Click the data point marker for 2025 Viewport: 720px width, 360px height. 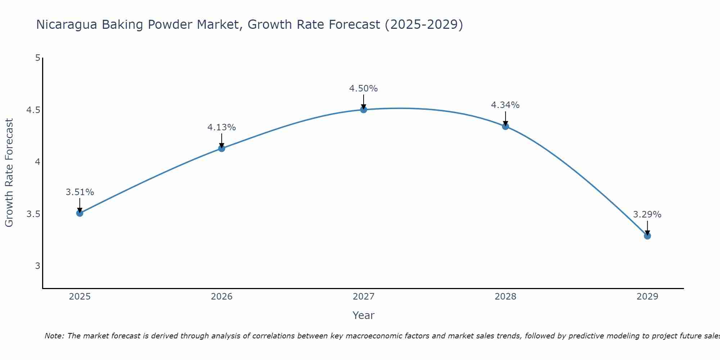[x=80, y=213]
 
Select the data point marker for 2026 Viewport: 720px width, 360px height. [x=222, y=148]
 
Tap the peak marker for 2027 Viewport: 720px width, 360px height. [x=364, y=109]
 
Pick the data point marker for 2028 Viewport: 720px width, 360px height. [x=505, y=126]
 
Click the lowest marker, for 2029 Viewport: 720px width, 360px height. [x=647, y=236]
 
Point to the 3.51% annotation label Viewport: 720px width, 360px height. [x=80, y=192]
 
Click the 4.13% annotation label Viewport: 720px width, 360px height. [x=222, y=127]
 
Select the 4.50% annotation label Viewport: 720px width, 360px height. [x=364, y=89]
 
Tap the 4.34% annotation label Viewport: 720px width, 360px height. [x=505, y=105]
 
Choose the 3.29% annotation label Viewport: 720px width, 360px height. [x=647, y=215]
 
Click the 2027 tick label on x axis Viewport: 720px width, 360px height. [x=364, y=297]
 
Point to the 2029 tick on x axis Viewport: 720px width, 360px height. [x=647, y=297]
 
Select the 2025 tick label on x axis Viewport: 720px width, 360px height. [x=80, y=297]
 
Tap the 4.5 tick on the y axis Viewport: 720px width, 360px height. [x=33, y=110]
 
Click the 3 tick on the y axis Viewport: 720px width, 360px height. [x=37, y=266]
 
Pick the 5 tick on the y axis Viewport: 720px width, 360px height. [x=37, y=58]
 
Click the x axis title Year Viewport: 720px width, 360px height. [x=364, y=315]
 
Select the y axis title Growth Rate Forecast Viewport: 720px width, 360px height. [x=9, y=173]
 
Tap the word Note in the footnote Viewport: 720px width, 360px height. [x=54, y=336]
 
